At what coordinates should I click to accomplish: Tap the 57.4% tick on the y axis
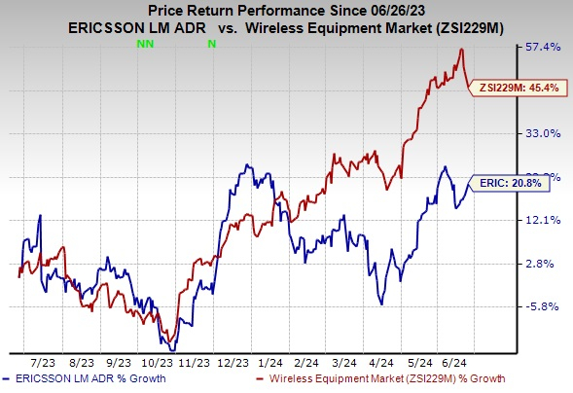coord(541,47)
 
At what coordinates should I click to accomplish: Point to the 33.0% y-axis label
coord(541,133)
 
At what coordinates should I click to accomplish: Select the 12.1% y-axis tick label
coord(541,220)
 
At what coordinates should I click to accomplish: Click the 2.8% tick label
coord(541,264)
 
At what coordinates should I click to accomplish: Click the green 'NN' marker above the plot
coord(146,45)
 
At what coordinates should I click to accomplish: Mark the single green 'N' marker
coord(211,45)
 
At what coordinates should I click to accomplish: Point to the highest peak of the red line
coord(461,49)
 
